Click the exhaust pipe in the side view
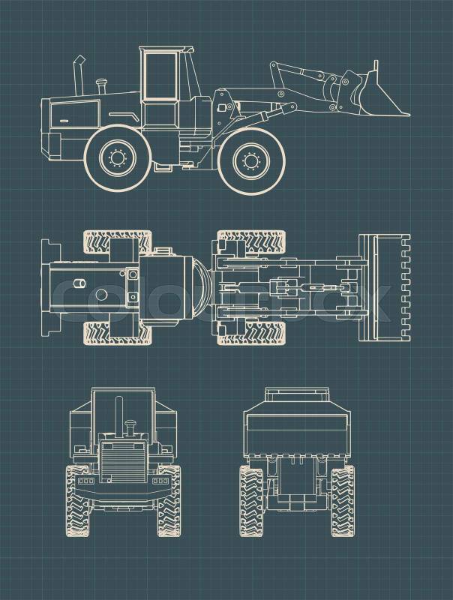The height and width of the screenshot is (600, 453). (x=79, y=76)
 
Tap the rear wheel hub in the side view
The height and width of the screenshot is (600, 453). (x=118, y=157)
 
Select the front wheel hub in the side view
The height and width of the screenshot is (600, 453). (x=251, y=160)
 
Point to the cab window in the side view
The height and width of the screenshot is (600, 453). (x=160, y=76)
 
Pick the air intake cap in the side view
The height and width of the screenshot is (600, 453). (x=102, y=85)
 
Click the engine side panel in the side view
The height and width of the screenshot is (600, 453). (x=74, y=114)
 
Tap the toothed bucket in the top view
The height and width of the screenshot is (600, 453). (x=384, y=287)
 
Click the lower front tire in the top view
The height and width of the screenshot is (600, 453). (x=251, y=333)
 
